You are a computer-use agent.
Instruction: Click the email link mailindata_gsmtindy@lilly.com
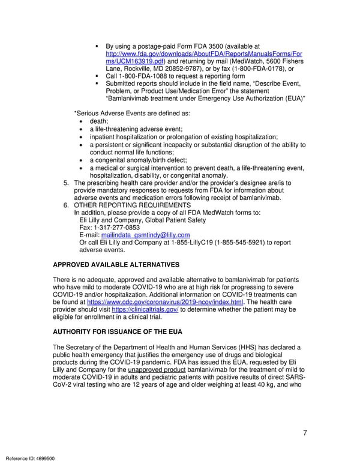[x=145, y=235]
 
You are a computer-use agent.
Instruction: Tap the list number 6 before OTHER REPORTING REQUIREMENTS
[x=66, y=205]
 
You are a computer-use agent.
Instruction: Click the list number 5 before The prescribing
[x=66, y=183]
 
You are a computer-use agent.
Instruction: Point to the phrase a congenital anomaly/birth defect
[x=138, y=160]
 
